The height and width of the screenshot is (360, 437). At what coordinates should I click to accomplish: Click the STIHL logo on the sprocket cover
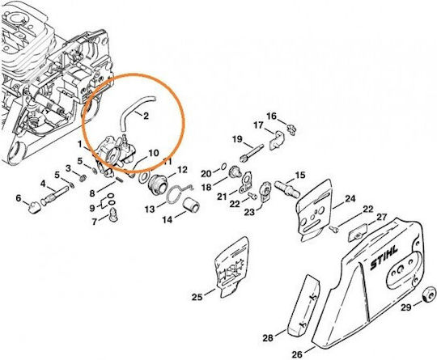[x=384, y=258]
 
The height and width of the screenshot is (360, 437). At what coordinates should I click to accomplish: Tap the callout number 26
[x=297, y=354]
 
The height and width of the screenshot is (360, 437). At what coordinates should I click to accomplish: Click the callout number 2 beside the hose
[x=146, y=116]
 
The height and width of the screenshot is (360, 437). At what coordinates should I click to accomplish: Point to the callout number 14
[x=168, y=220]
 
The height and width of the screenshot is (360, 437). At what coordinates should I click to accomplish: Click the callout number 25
[x=197, y=297]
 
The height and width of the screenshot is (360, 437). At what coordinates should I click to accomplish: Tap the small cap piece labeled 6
[x=35, y=208]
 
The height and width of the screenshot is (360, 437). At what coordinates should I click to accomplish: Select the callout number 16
[x=272, y=116]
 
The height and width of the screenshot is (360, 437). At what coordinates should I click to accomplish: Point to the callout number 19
[x=237, y=139]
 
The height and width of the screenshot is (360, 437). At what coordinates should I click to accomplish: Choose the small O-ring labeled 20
[x=223, y=167]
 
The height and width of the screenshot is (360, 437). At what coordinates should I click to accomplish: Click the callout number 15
[x=300, y=176]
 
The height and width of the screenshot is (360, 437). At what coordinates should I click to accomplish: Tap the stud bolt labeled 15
[x=287, y=187]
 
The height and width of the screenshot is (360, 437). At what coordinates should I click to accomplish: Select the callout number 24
[x=350, y=199]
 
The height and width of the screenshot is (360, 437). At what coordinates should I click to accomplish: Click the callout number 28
[x=268, y=338]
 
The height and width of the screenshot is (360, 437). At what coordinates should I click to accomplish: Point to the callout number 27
[x=381, y=217]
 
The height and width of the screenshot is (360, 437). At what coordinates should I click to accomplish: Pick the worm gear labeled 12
[x=158, y=185]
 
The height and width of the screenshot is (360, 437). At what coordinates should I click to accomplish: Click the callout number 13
[x=150, y=209]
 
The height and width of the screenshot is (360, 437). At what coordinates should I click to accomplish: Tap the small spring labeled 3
[x=82, y=178]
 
